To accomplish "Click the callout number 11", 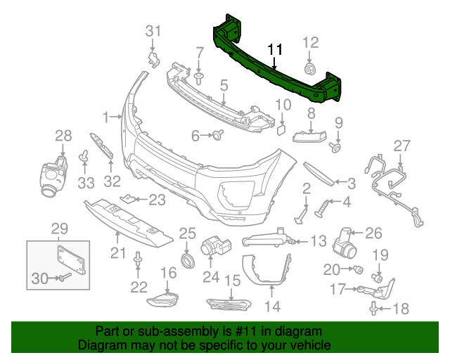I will pyautogui.click(x=274, y=50).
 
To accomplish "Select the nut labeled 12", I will pyautogui.click(x=309, y=70).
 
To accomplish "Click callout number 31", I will pyautogui.click(x=153, y=30).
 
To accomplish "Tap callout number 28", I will pyautogui.click(x=63, y=135).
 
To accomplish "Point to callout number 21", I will pyautogui.click(x=117, y=252).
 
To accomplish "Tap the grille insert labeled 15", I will pyautogui.click(x=229, y=304).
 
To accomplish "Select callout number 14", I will pyautogui.click(x=272, y=306).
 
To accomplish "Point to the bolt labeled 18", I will pyautogui.click(x=373, y=307).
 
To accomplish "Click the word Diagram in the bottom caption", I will pyautogui.click(x=100, y=345).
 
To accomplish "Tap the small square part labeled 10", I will pyautogui.click(x=278, y=129).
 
